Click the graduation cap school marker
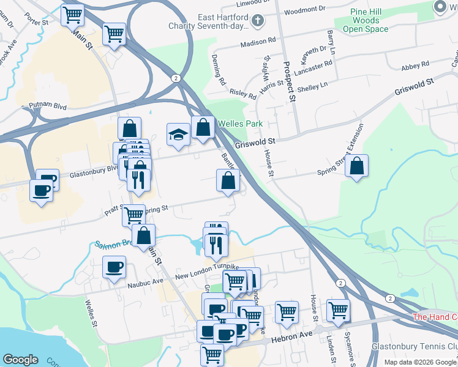[x=178, y=134]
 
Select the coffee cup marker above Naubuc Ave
[x=114, y=267]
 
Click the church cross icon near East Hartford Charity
[x=259, y=21]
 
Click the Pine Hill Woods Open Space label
[x=366, y=20]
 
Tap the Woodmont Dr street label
[x=306, y=10]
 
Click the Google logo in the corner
[x=20, y=359]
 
